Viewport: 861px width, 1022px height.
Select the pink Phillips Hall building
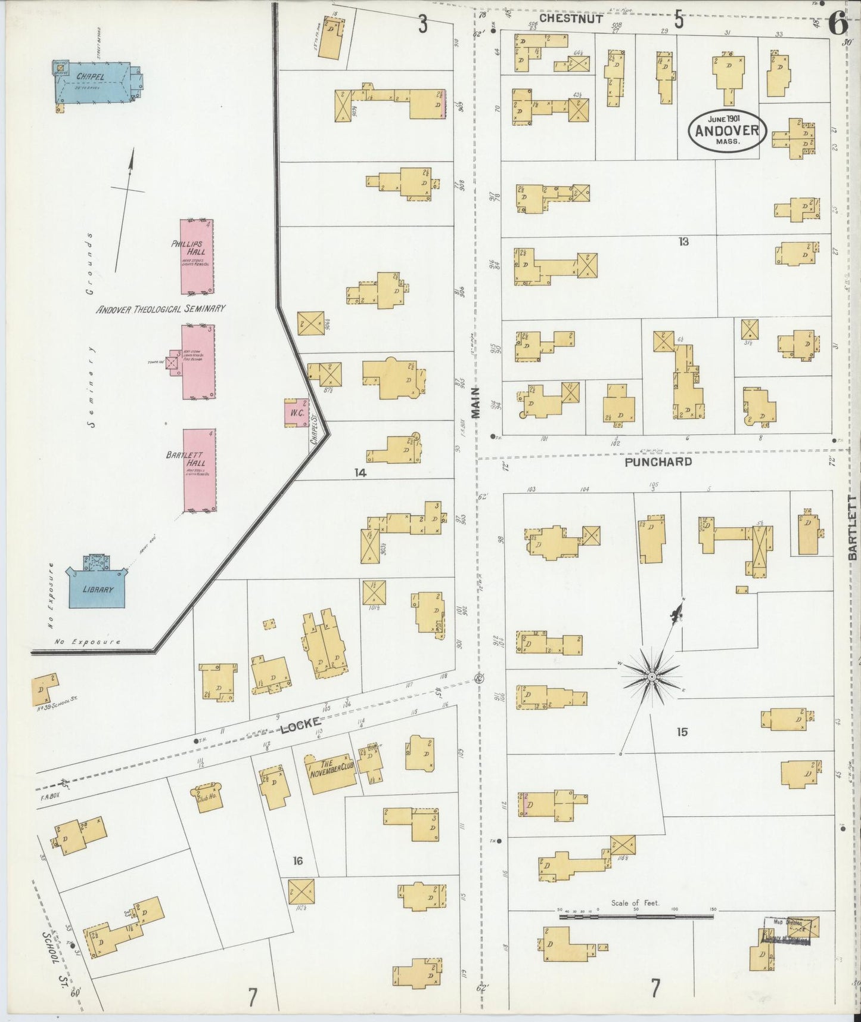point(197,257)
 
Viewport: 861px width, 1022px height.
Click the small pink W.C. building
point(296,413)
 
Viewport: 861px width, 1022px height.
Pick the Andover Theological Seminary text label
point(161,309)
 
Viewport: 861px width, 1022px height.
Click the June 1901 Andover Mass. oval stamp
point(726,130)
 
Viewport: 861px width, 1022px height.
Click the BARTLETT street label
point(852,527)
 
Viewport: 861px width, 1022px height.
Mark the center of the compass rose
point(652,677)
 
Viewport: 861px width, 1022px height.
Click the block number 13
point(683,241)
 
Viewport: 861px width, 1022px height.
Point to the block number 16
point(298,860)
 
